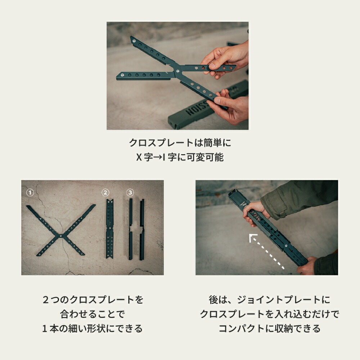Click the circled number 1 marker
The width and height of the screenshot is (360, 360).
tap(30, 193)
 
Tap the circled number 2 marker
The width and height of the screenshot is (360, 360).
tap(105, 193)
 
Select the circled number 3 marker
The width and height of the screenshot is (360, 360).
tap(130, 193)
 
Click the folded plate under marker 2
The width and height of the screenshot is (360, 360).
tap(110, 229)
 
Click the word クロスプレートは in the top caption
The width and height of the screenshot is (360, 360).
tap(162, 143)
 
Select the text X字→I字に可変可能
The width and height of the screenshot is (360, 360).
tap(180, 157)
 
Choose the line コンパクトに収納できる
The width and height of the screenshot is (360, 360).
tap(269, 328)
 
